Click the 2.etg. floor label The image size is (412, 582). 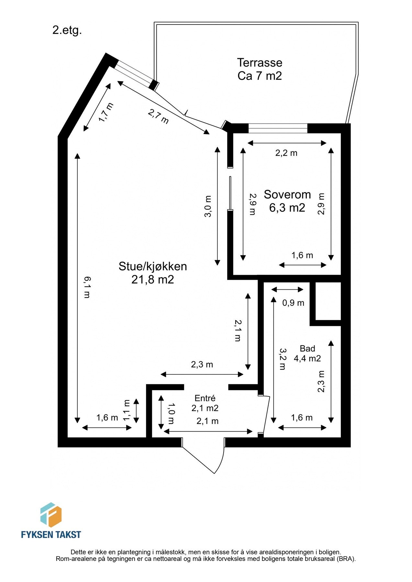[67, 31]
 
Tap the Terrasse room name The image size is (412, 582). [260, 62]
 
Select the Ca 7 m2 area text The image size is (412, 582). [260, 76]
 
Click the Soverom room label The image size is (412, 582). [287, 194]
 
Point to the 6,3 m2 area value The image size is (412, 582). [287, 208]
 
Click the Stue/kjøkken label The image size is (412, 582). [153, 266]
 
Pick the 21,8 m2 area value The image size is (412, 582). [153, 279]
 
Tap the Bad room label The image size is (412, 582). [307, 349]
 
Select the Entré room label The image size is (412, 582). [205, 398]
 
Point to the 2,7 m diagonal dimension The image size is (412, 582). [159, 116]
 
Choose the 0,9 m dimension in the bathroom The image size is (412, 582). [293, 303]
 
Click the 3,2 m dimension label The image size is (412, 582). [282, 359]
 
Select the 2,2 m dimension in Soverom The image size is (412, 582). [286, 153]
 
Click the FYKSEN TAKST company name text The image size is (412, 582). [51, 534]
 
